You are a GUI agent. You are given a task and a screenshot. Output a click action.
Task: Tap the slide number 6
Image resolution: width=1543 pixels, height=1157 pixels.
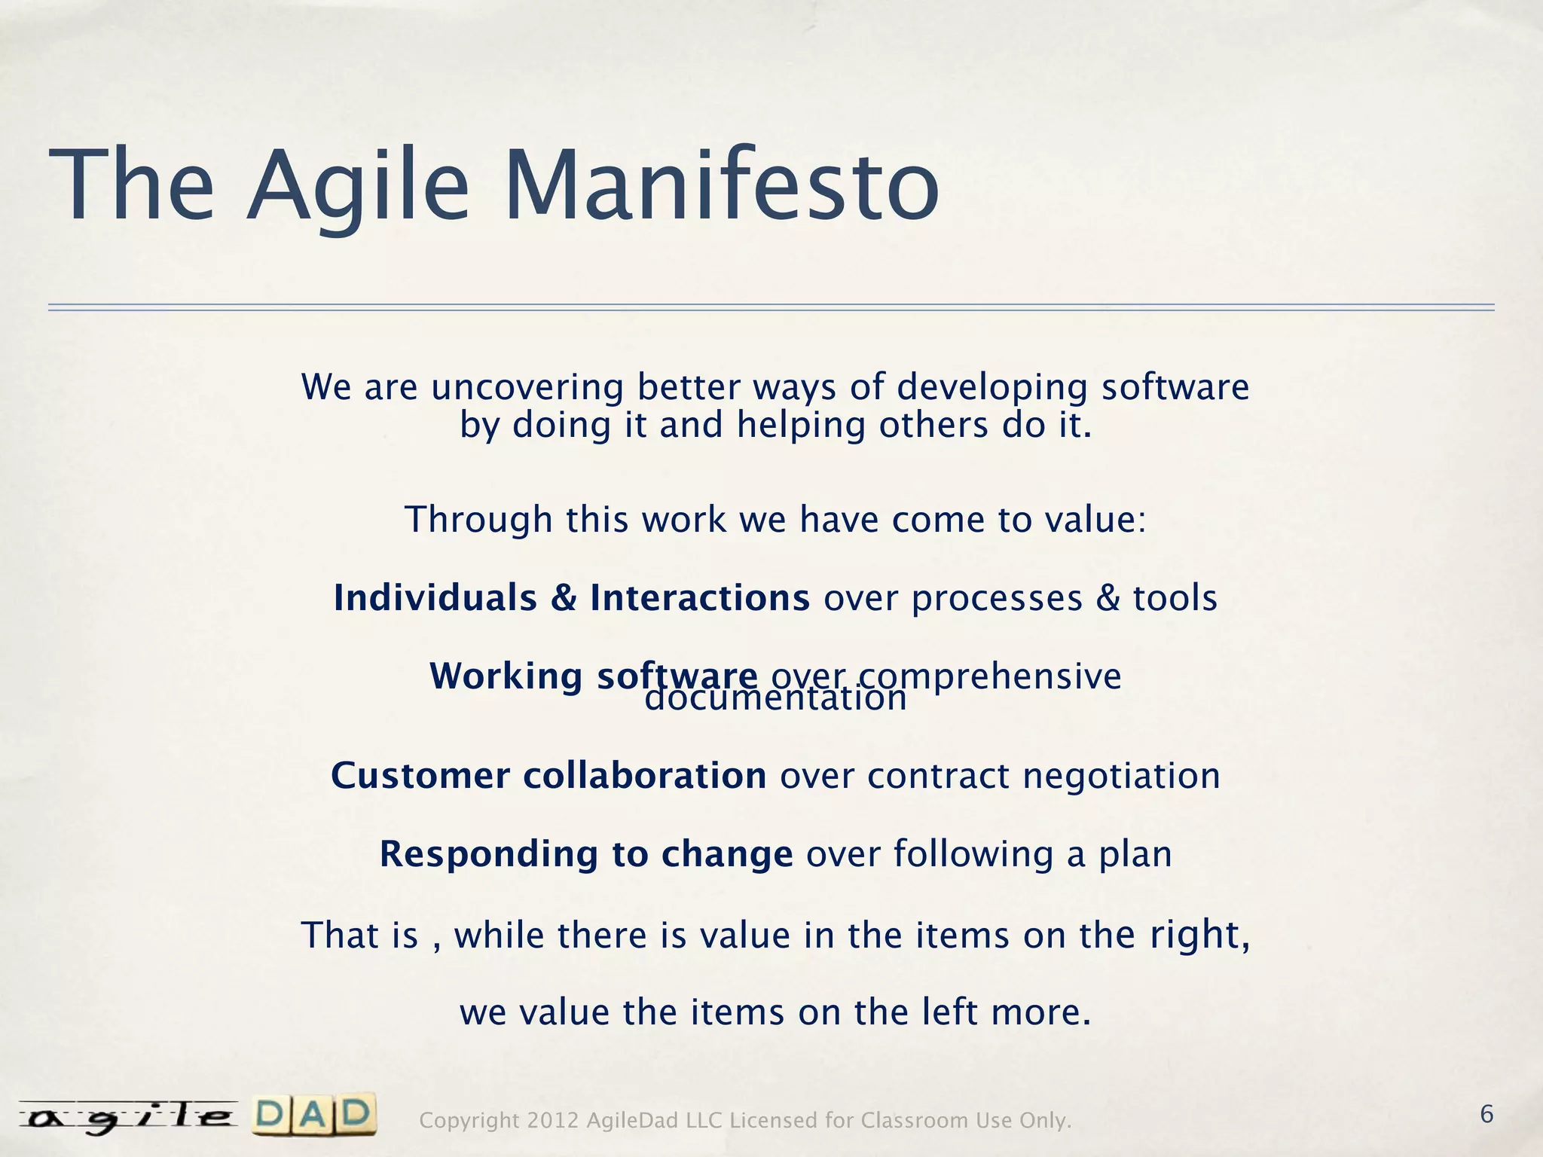point(1486,1113)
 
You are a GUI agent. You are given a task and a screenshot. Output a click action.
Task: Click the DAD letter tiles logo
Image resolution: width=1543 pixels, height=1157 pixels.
point(315,1115)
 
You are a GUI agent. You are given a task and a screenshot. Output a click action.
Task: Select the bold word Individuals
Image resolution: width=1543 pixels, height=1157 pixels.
point(435,598)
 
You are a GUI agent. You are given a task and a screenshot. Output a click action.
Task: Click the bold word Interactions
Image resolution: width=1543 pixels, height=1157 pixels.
point(699,598)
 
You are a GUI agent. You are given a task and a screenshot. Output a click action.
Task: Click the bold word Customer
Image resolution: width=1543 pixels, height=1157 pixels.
point(420,776)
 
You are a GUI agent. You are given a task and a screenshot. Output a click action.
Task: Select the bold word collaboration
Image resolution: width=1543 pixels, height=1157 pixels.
point(645,776)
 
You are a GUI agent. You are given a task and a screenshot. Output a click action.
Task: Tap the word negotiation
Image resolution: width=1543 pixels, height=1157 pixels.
point(1121,776)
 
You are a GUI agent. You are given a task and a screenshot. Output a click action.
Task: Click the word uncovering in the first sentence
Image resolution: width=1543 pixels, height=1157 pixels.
point(527,388)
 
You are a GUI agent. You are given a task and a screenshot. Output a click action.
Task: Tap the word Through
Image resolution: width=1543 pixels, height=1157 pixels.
point(478,520)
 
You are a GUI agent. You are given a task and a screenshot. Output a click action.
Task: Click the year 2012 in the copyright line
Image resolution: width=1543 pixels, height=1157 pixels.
point(552,1121)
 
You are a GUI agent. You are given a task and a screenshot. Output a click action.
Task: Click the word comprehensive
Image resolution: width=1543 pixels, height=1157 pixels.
point(988,676)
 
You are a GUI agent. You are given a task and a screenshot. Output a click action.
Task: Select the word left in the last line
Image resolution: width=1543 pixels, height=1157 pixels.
point(950,1012)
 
